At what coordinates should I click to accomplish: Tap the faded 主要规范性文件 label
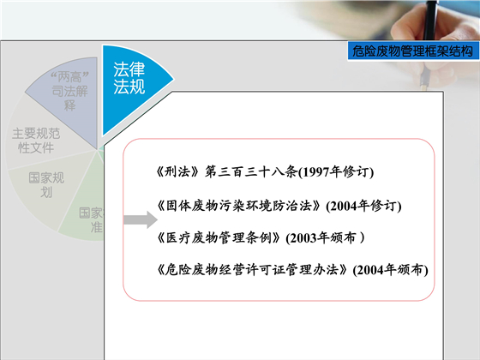pyautogui.click(x=35, y=141)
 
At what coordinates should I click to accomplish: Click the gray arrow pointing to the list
pyautogui.click(x=136, y=220)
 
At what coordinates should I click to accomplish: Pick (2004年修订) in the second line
pyautogui.click(x=364, y=206)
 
